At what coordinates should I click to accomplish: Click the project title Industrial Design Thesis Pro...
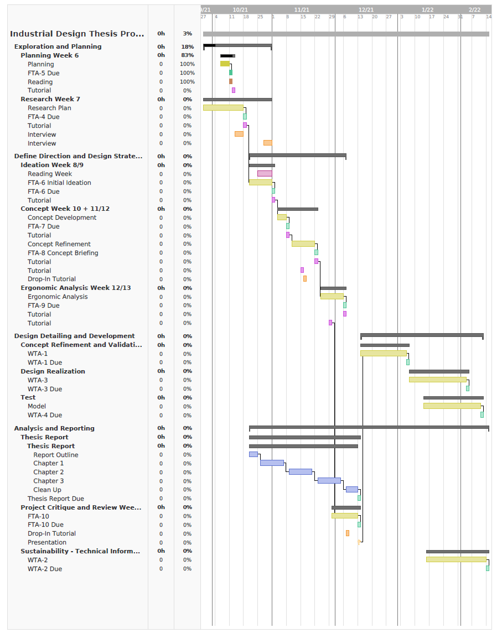(77, 34)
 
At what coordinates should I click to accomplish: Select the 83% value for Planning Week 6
(187, 55)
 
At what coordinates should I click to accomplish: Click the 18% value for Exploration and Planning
(187, 47)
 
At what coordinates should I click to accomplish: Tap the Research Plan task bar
(223, 108)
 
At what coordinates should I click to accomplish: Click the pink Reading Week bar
(265, 174)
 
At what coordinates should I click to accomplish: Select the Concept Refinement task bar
(303, 244)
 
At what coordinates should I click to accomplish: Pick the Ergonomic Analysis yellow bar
(332, 297)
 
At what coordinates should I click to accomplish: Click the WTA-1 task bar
(383, 354)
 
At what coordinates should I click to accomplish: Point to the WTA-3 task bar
(437, 380)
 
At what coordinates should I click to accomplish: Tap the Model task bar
(452, 406)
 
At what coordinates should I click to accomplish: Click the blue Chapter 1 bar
(272, 463)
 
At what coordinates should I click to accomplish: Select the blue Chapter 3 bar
(329, 481)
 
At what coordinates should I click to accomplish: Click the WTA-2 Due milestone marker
(488, 568)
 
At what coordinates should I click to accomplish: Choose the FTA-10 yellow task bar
(344, 516)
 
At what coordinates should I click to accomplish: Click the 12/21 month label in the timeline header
(366, 10)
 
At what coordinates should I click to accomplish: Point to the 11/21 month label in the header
(302, 10)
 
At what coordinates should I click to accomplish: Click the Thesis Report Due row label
(56, 499)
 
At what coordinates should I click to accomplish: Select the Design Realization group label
(53, 371)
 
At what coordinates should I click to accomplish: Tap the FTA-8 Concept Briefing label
(63, 253)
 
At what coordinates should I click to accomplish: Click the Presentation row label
(47, 542)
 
